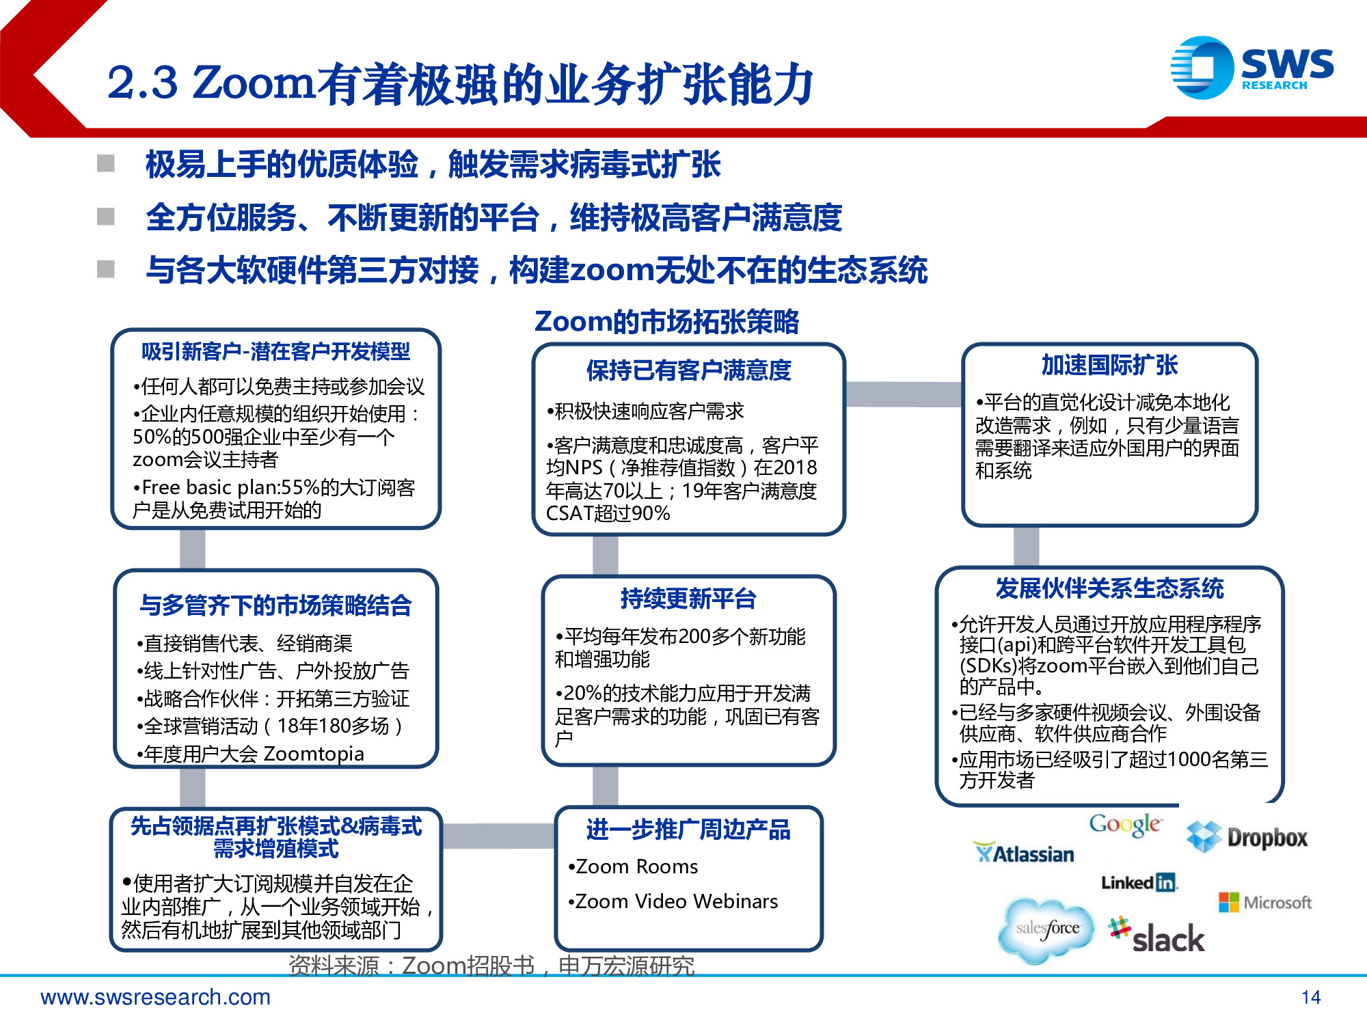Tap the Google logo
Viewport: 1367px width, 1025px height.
(x=1124, y=825)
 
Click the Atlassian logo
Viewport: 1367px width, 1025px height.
(x=1023, y=853)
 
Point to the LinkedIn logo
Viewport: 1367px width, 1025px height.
(x=1139, y=883)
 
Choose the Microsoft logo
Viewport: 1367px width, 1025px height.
(x=1265, y=903)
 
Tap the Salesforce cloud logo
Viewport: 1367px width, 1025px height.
(x=1046, y=929)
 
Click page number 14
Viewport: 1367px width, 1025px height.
(x=1310, y=998)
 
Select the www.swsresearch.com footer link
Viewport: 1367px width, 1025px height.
(x=156, y=998)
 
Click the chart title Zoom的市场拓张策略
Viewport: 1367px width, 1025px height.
(x=666, y=322)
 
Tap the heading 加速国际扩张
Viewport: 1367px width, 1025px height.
(x=1109, y=365)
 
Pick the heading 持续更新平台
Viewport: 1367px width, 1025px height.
(x=688, y=599)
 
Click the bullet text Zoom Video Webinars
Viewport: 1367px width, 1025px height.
(x=676, y=902)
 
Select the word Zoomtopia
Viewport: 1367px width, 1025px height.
(x=314, y=754)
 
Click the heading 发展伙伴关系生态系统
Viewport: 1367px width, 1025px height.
(x=1109, y=588)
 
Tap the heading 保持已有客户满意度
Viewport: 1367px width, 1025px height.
(x=688, y=370)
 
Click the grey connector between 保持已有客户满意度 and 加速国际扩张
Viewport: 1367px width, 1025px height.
(x=903, y=394)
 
